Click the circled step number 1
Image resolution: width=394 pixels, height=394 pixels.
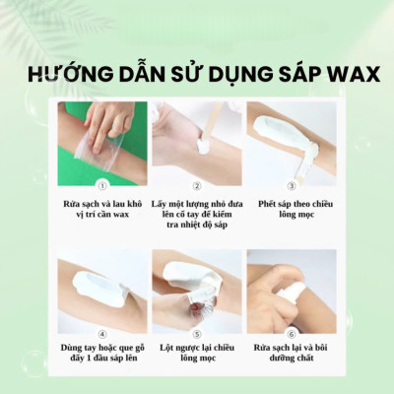pyautogui.click(x=101, y=183)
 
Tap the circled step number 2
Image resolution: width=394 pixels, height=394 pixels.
pyautogui.click(x=196, y=184)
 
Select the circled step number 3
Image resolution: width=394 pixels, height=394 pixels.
pyautogui.click(x=291, y=184)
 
